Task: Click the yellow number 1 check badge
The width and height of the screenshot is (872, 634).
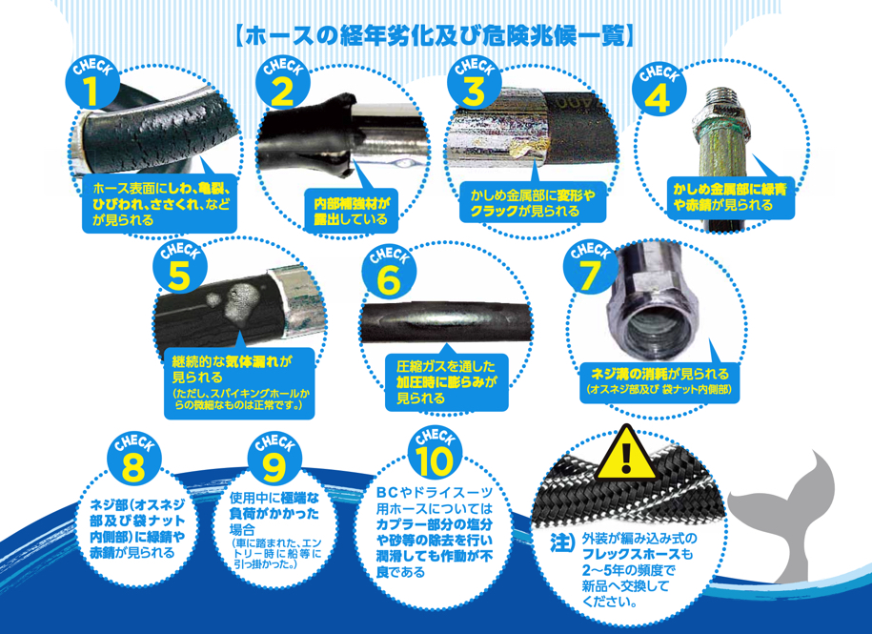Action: (92, 84)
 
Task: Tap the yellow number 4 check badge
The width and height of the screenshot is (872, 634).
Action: (659, 90)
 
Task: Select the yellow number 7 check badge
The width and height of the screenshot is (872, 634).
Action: (590, 266)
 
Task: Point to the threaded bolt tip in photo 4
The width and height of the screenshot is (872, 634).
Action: (721, 98)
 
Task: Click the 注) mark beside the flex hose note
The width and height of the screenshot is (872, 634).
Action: (562, 542)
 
